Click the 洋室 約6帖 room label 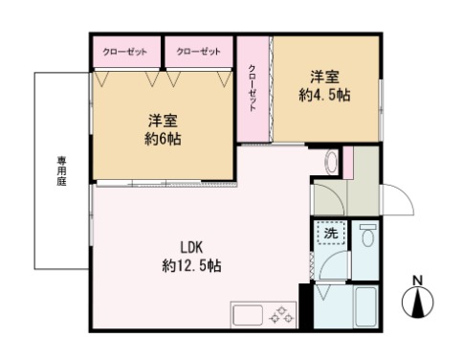(163, 129)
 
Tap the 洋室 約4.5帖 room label (324, 86)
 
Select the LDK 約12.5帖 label (191, 257)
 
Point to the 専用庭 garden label (61, 170)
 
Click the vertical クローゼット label (253, 88)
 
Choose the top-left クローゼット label (124, 52)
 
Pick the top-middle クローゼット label (198, 52)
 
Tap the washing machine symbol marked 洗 (331, 233)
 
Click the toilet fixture (368, 235)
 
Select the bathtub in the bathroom (366, 306)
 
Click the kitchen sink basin (248, 315)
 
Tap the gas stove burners (281, 315)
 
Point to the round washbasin (332, 160)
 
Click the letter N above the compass (417, 281)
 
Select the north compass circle (417, 302)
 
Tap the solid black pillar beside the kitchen (304, 306)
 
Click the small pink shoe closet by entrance (348, 163)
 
